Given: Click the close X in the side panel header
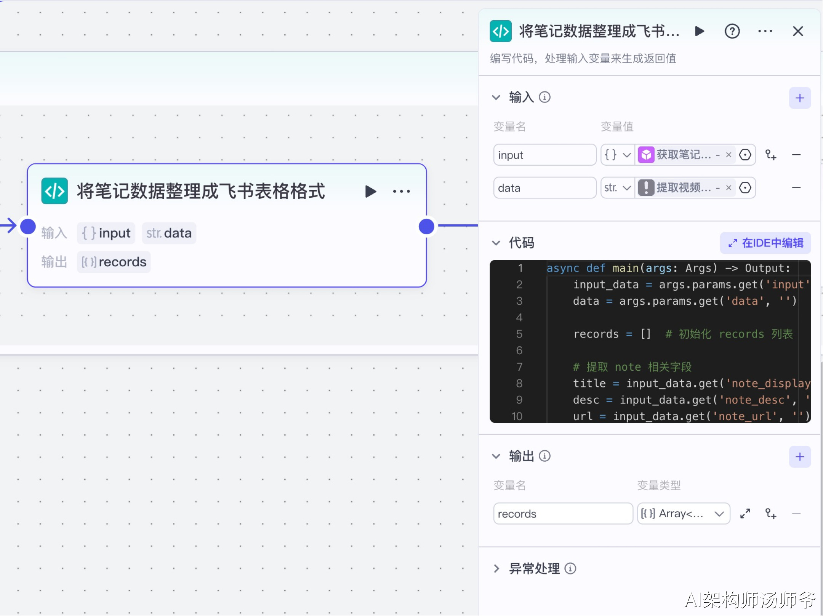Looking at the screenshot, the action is tap(798, 31).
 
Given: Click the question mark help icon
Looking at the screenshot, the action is tap(732, 31).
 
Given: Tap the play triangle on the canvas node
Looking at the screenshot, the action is tap(370, 191).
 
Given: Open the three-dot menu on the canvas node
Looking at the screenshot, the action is tap(402, 191).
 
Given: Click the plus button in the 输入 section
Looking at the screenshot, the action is tap(800, 98).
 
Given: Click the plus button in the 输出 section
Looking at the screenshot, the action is tap(800, 457).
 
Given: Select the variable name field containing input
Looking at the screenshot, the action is tap(545, 155).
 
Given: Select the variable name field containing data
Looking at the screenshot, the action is tap(545, 188).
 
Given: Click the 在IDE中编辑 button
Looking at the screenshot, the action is tap(765, 243).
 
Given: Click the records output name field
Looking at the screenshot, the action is tap(563, 514).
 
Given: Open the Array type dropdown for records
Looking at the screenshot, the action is tap(684, 514).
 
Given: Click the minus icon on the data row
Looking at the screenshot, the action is tap(796, 188).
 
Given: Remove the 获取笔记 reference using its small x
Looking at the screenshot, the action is tap(729, 155).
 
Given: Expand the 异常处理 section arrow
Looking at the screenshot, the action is tap(496, 569).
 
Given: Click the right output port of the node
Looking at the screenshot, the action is tap(426, 227).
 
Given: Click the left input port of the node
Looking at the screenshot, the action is tap(28, 227).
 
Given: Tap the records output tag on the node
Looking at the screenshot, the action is tap(114, 262).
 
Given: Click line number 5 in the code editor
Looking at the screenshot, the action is tap(519, 334).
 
